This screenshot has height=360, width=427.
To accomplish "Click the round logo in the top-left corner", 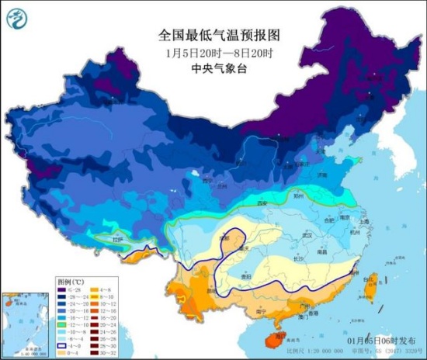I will (x=18, y=18).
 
